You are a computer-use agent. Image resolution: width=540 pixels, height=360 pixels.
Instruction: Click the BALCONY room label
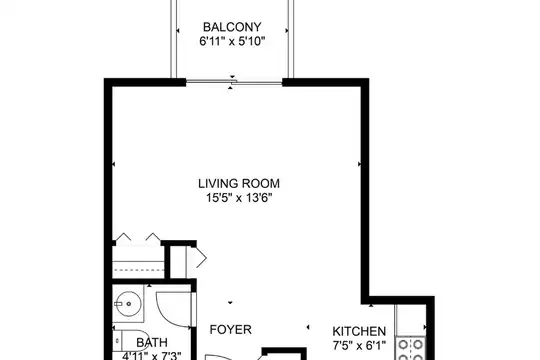click(x=232, y=27)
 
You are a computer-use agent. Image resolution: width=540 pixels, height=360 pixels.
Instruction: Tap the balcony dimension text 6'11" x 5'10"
click(x=232, y=42)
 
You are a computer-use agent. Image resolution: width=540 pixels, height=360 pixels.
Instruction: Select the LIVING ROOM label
click(x=239, y=183)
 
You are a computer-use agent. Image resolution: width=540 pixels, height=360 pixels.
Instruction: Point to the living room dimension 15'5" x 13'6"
click(x=239, y=198)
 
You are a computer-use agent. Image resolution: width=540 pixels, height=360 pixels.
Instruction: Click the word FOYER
click(x=231, y=330)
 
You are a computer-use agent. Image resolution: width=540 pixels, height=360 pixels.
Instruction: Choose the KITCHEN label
click(x=359, y=331)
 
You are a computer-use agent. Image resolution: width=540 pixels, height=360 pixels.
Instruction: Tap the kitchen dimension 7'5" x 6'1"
click(x=359, y=345)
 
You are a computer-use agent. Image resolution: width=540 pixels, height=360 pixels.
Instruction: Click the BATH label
click(x=152, y=342)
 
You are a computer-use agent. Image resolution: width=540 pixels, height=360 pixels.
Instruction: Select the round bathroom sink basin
click(x=128, y=304)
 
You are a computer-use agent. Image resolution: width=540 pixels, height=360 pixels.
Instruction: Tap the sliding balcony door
click(x=234, y=82)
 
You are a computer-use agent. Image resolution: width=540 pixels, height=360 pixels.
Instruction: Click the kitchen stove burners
click(x=411, y=349)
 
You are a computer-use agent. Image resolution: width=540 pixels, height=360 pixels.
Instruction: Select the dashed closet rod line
click(x=138, y=269)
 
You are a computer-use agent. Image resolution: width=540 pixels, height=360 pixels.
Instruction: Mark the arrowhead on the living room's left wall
click(x=114, y=164)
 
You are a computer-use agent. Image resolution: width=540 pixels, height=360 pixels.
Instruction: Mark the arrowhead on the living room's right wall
click(x=359, y=164)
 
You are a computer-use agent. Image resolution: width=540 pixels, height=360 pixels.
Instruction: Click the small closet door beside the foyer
click(x=197, y=257)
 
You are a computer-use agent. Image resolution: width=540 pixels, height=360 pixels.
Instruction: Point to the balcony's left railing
click(x=174, y=39)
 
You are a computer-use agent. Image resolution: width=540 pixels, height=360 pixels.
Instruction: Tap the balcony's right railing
click(x=291, y=39)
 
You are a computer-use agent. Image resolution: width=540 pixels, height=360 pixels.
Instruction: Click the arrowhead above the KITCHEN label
click(x=371, y=305)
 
